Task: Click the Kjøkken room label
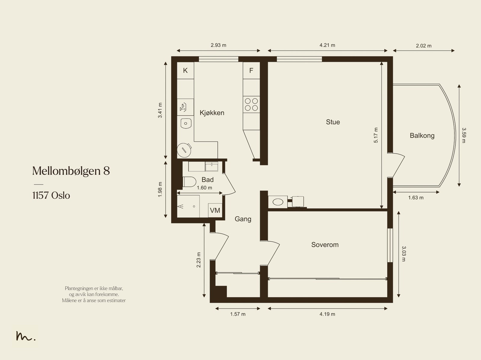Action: (212, 113)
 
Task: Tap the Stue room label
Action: (333, 122)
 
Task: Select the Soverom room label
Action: (325, 245)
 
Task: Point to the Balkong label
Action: (422, 136)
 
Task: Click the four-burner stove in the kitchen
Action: (251, 104)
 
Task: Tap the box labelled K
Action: (185, 71)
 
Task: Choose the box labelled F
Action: (251, 71)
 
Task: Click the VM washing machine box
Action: (215, 210)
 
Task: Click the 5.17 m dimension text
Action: (376, 135)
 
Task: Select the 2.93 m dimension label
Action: (219, 45)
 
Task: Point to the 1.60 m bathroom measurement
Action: (204, 188)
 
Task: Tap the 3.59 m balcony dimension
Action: (464, 135)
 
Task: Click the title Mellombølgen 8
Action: (71, 171)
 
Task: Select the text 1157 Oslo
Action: (51, 196)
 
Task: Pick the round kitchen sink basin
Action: (186, 123)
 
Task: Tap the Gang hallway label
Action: (243, 219)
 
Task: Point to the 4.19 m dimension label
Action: (327, 314)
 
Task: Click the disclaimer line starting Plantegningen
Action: (94, 288)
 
